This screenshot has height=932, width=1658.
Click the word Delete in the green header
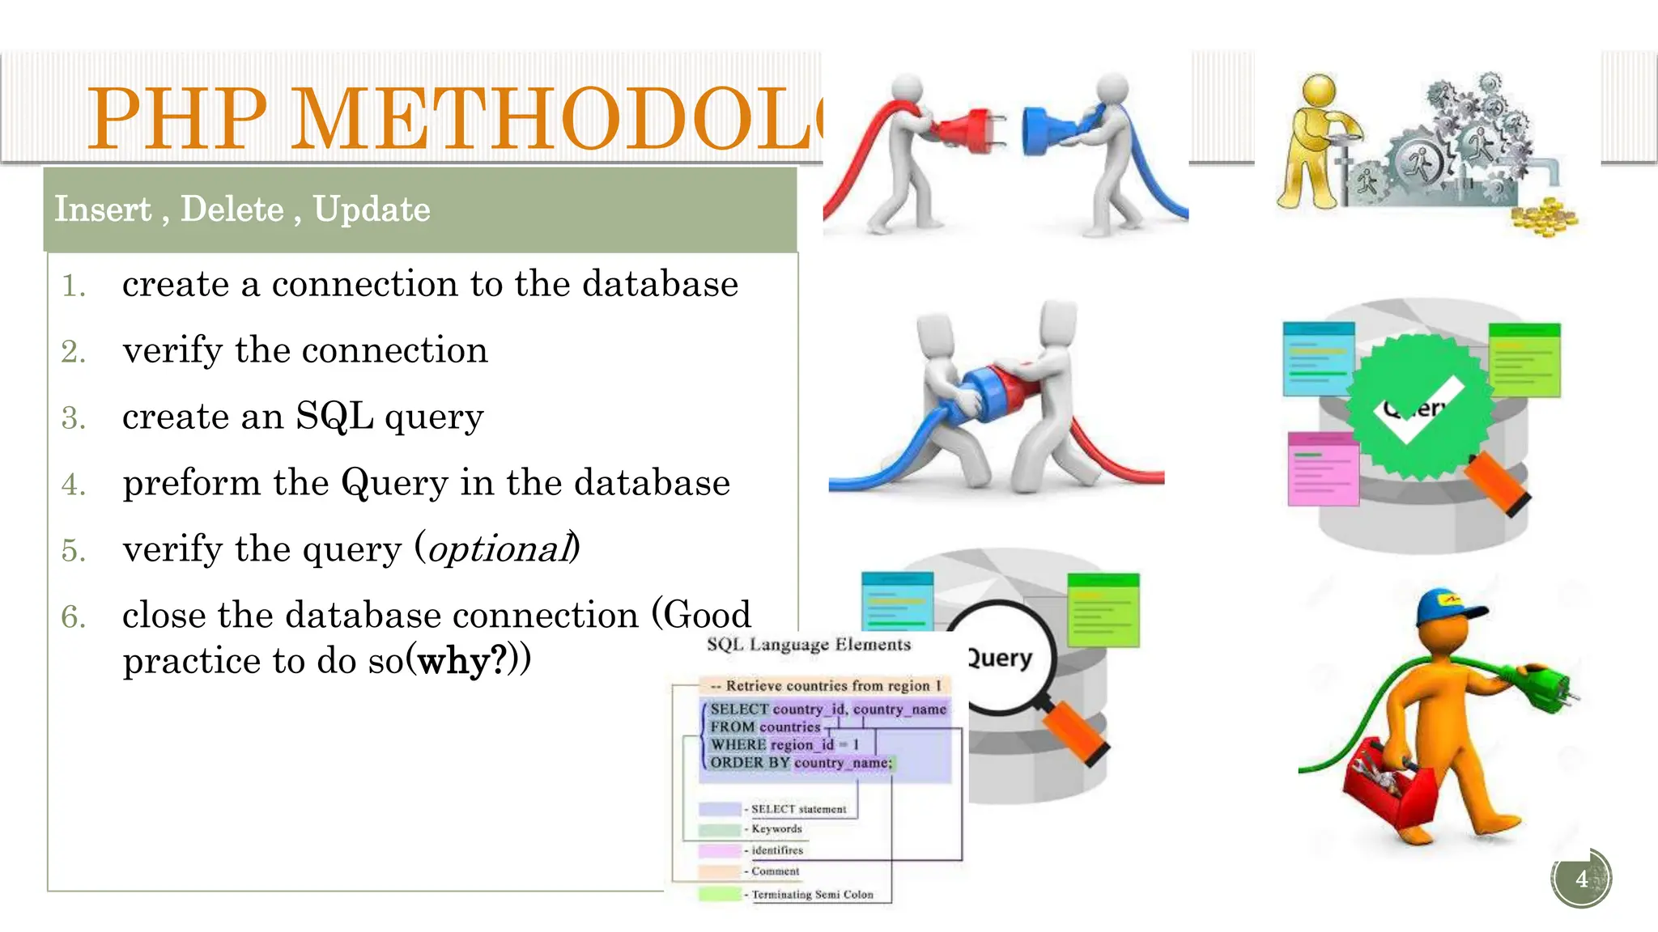coord(232,210)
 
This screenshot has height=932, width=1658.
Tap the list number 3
coord(73,418)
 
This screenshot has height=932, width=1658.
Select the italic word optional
coord(498,549)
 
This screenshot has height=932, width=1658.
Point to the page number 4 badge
coord(1581,879)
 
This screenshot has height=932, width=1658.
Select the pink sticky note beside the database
coord(1323,469)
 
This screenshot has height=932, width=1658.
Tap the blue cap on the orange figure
coord(1448,608)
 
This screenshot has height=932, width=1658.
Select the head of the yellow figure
coord(1319,91)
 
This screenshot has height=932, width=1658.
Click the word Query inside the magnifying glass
coord(1001,658)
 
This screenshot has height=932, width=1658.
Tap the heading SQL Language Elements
coord(808,645)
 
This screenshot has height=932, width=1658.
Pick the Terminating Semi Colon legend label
coord(812,894)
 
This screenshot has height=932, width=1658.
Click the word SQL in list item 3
coord(334,417)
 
